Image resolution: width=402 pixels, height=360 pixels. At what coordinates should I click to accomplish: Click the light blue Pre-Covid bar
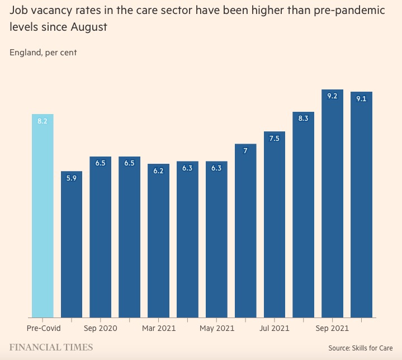(x=42, y=216)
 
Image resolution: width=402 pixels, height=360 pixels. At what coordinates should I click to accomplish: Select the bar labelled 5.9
(x=72, y=244)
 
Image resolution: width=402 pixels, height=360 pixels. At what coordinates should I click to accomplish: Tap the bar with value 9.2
(x=332, y=203)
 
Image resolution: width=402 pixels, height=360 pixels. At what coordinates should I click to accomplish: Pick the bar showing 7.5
(x=275, y=224)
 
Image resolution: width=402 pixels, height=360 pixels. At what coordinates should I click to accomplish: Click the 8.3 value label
(x=303, y=119)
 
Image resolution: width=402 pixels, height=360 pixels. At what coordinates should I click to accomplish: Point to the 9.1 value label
(x=361, y=99)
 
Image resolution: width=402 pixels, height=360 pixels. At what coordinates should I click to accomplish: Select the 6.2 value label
(x=158, y=170)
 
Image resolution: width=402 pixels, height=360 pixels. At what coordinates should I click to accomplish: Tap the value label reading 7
(x=245, y=151)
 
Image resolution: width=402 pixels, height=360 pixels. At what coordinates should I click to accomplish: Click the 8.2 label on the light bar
(x=42, y=121)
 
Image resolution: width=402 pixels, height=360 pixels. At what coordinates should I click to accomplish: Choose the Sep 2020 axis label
(x=100, y=328)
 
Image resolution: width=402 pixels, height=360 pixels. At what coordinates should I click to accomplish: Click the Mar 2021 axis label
(x=159, y=328)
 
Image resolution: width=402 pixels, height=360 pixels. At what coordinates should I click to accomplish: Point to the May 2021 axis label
(x=217, y=328)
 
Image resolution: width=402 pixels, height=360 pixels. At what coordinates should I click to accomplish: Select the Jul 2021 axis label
(x=274, y=328)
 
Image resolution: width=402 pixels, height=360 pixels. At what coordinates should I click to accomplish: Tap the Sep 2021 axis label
(x=332, y=328)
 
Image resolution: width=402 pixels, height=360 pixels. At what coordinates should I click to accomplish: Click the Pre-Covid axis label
(x=44, y=328)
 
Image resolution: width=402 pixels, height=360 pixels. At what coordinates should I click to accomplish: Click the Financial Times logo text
(x=51, y=348)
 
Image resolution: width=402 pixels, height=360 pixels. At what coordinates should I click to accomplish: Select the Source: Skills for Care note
(x=361, y=348)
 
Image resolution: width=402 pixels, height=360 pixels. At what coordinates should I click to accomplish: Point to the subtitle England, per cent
(x=43, y=53)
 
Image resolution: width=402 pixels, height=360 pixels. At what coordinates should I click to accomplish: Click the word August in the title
(x=89, y=27)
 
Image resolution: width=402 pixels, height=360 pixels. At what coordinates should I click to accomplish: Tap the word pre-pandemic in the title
(x=349, y=11)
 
